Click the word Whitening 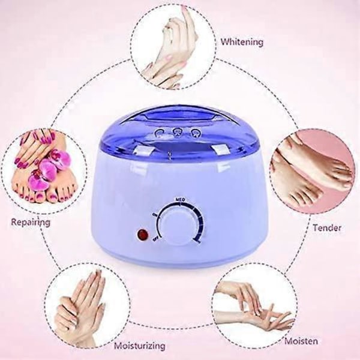[242, 42]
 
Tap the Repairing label [31, 222]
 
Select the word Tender [327, 228]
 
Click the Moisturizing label [140, 346]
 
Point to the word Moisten [301, 341]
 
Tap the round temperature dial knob [180, 224]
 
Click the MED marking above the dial [180, 200]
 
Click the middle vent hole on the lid [177, 133]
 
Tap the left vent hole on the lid [160, 133]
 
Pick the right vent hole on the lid [195, 133]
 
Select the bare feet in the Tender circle [310, 172]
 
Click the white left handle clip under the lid [145, 150]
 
